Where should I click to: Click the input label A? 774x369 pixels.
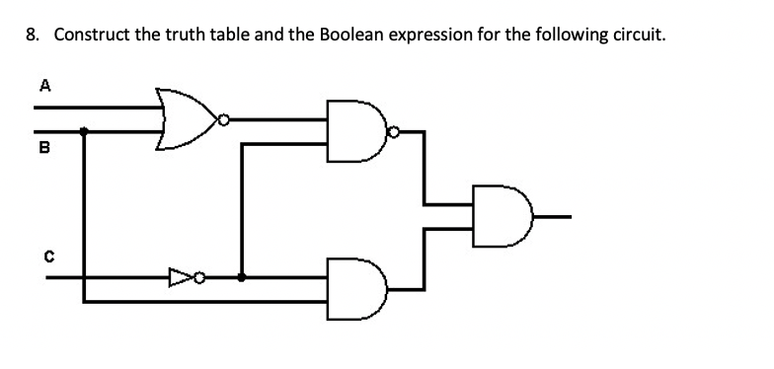(x=42, y=85)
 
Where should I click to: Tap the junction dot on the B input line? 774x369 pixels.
(x=83, y=129)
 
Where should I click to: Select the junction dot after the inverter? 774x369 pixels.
(x=243, y=278)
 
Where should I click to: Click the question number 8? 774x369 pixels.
(x=33, y=36)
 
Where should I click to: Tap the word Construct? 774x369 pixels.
(x=91, y=36)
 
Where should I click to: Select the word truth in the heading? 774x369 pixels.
(x=184, y=36)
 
